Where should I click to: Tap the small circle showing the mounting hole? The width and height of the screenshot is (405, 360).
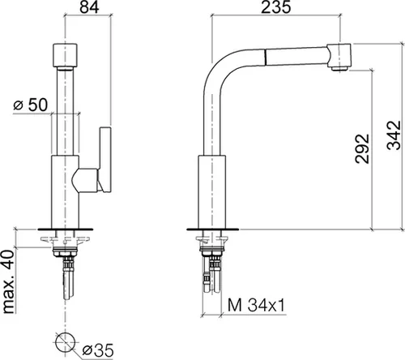pos(66,343)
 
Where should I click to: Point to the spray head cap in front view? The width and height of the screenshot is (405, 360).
pos(66,56)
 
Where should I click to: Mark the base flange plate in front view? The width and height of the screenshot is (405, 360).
pos(66,229)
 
